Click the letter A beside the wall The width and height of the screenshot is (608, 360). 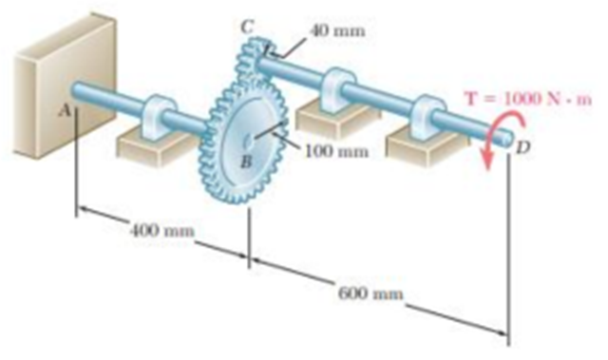point(65,110)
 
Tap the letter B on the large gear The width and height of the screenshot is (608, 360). point(244,161)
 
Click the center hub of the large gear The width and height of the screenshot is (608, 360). point(250,142)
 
